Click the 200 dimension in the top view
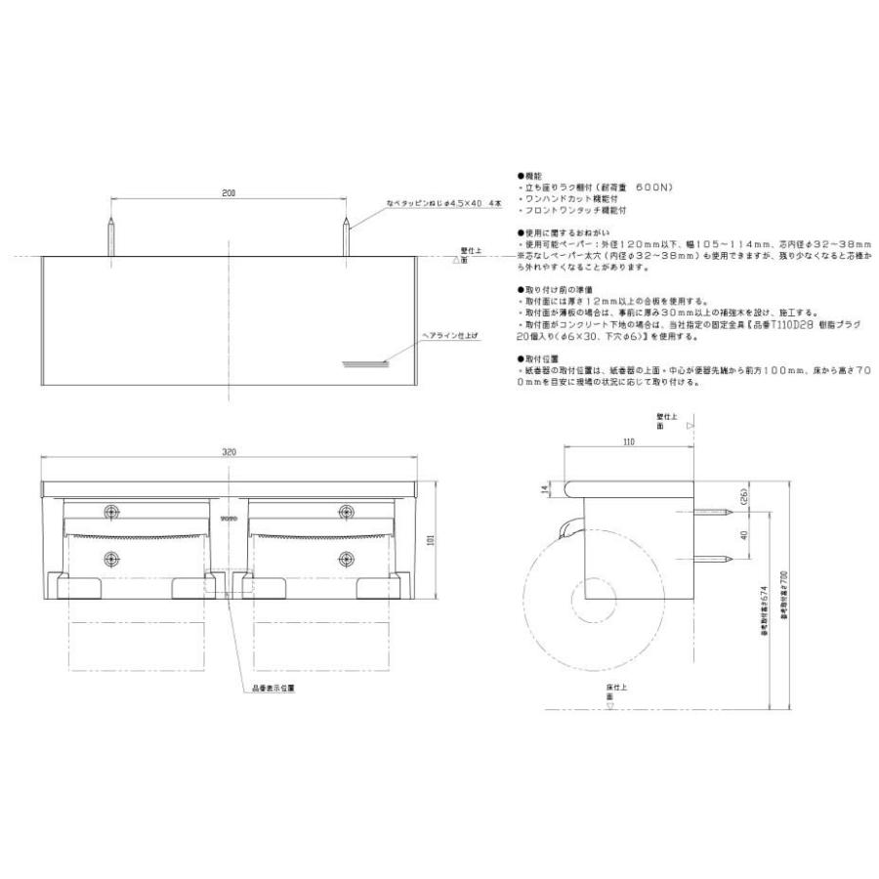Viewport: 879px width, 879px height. coord(228,194)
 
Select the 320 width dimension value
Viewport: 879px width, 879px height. coord(229,453)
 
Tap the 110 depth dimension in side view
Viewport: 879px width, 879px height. coord(629,442)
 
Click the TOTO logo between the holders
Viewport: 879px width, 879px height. coord(229,519)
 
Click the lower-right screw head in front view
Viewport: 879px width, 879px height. coord(345,559)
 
